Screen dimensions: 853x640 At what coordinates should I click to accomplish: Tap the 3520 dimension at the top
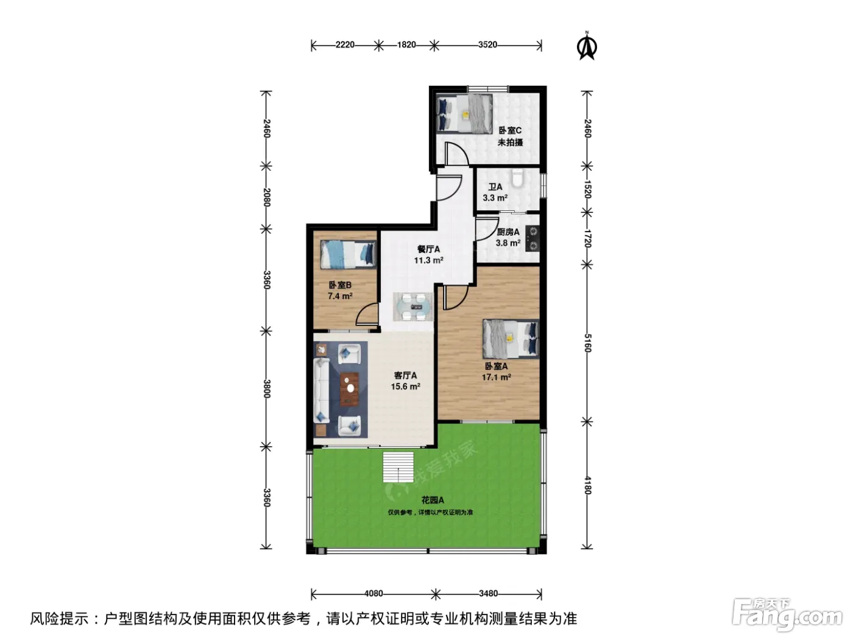(487, 44)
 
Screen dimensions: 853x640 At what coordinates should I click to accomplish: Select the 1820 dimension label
(406, 44)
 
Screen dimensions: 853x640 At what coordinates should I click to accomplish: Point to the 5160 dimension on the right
(587, 343)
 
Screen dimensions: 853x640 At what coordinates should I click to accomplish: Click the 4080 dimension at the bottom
(373, 593)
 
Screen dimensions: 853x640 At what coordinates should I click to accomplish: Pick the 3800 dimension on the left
(266, 389)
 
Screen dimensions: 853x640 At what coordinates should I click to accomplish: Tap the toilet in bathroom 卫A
(518, 179)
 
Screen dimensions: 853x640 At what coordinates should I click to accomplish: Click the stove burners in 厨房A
(533, 238)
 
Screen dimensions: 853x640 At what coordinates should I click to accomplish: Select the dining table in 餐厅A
(413, 307)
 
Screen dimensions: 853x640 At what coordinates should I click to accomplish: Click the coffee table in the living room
(350, 389)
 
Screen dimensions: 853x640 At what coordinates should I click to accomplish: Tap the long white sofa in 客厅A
(321, 390)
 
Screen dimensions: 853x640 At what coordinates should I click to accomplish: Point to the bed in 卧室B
(348, 255)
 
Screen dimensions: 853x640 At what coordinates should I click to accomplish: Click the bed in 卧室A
(511, 339)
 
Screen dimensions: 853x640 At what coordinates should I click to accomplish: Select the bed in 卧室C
(464, 113)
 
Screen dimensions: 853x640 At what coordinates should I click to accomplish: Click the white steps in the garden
(398, 467)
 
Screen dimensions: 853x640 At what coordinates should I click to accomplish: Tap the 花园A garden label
(433, 500)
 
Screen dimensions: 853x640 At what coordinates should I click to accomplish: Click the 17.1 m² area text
(496, 377)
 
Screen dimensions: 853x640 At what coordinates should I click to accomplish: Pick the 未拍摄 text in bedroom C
(510, 142)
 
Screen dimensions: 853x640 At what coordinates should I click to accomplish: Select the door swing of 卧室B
(366, 313)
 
